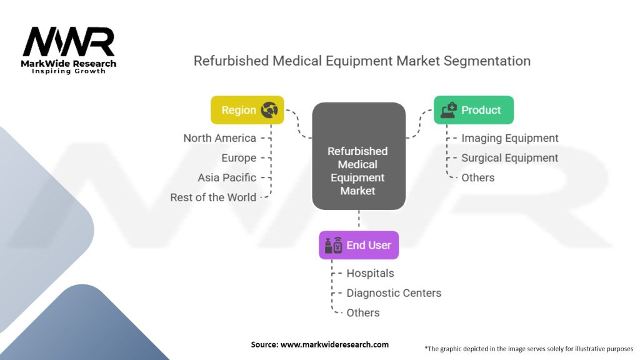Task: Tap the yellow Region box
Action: pos(247,110)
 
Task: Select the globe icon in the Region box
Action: pos(270,110)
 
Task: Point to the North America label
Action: pos(219,138)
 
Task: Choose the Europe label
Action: pos(239,158)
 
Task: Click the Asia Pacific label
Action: pos(227,177)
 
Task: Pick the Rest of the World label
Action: pos(213,197)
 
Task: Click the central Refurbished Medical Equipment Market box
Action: pos(359,156)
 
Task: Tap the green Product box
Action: pos(474,110)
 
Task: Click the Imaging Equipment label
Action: pos(510,138)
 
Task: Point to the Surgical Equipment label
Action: pos(509,158)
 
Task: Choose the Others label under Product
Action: pos(478,177)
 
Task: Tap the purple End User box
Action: pos(359,245)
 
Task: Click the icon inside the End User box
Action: pos(332,245)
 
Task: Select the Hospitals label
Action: pos(370,273)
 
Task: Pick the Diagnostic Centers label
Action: pos(394,293)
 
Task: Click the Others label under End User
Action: pos(363,312)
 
